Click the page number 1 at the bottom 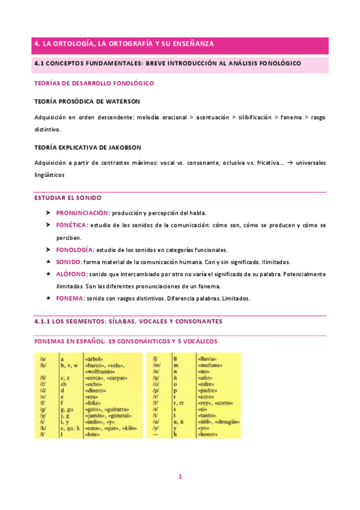tap(180, 476)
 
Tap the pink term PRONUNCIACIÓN tap(82, 213)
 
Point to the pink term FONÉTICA tap(71, 225)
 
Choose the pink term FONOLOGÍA tap(75, 250)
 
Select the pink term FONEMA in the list tap(69, 298)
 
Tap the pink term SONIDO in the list tap(69, 262)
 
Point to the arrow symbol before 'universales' tap(290, 163)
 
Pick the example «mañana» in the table tap(209, 364)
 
